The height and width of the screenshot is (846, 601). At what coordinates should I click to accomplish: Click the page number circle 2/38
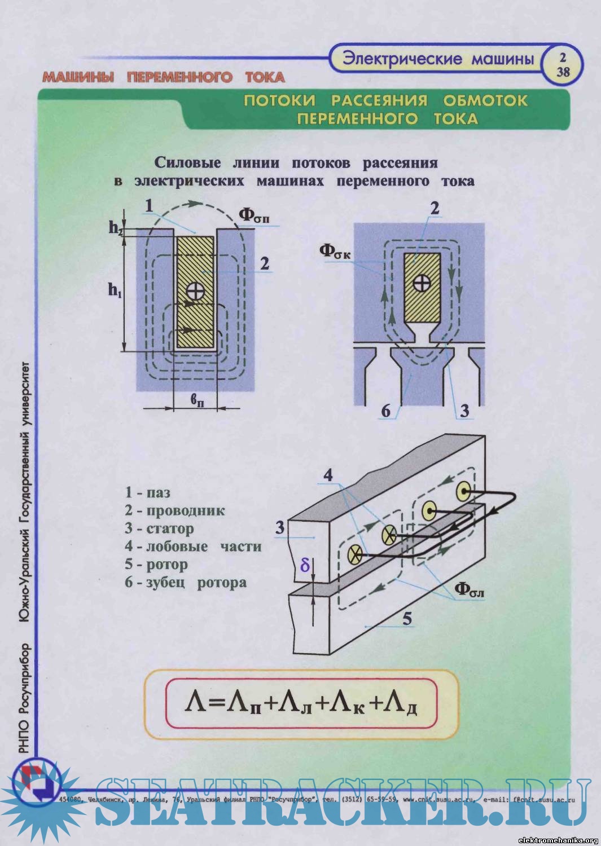pos(563,65)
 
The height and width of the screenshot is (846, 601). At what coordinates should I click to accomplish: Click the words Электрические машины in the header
pos(438,59)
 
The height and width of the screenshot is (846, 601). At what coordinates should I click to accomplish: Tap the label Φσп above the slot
pos(253,215)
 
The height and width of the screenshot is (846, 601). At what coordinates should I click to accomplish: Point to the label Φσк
pos(335,251)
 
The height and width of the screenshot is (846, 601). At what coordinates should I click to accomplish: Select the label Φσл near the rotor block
pos(470,589)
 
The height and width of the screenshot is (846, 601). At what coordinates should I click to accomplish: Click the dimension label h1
pos(115,290)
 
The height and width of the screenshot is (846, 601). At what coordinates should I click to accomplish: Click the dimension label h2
pos(116,228)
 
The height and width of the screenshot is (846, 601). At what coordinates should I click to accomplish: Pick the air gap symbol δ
pos(305,565)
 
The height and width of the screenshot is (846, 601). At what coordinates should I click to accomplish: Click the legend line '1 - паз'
pos(147,493)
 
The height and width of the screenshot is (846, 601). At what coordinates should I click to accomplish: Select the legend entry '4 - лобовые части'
pos(193,547)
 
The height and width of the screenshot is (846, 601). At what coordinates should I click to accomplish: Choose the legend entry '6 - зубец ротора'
pos(186,583)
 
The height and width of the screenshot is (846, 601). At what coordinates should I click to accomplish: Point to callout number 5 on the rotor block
pos(407,619)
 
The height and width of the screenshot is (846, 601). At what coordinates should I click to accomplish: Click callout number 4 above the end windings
pos(328,475)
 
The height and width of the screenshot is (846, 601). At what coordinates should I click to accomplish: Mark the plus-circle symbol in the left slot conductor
pos(195,291)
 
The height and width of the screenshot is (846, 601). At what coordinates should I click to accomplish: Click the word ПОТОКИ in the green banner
pos(279,101)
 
